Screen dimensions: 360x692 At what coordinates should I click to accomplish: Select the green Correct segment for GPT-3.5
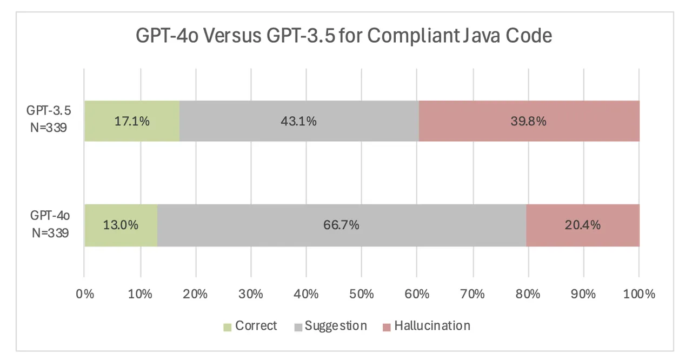coord(131,121)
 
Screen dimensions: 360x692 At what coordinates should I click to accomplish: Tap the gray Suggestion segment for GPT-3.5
coord(299,121)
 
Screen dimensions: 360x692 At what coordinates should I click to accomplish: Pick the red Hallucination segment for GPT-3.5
coord(529,121)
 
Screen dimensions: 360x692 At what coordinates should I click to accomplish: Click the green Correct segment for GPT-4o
coord(121,225)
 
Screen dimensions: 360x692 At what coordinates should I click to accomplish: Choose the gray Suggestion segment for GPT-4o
coord(342,225)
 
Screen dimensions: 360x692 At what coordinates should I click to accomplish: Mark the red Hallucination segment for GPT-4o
coord(582,225)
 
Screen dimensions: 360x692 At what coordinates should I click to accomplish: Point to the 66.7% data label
coord(342,225)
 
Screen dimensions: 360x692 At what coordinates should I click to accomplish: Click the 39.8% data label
coord(529,121)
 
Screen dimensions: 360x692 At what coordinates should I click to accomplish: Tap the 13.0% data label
coord(121,225)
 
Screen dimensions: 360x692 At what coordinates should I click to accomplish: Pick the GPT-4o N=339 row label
coord(49,225)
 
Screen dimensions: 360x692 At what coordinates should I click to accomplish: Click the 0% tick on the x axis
coord(85,295)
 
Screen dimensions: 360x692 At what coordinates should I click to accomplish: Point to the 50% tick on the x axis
coord(362,295)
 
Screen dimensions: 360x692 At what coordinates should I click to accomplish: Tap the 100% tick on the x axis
coord(638,295)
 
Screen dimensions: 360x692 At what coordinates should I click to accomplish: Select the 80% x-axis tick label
coord(528,295)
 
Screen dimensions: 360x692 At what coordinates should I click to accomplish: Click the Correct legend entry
coord(250,326)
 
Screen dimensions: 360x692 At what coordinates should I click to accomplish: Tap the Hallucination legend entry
coord(426,326)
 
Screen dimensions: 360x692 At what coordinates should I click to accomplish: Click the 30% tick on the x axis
coord(251,295)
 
